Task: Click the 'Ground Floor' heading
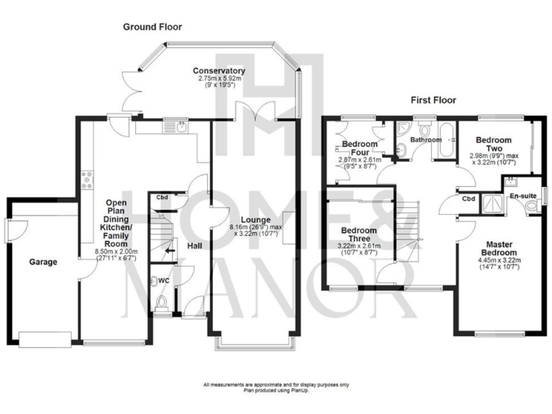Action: tap(152, 27)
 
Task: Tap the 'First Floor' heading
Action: tap(433, 101)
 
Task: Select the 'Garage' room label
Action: tap(43, 262)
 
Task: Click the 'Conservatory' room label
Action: tap(219, 70)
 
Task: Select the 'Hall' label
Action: tap(194, 246)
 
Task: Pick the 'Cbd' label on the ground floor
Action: tap(163, 198)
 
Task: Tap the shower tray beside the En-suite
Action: tap(494, 204)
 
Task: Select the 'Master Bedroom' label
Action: tap(499, 249)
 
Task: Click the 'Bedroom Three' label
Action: tap(360, 236)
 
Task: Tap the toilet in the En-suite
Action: tap(532, 207)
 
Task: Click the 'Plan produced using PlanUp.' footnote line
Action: tap(276, 392)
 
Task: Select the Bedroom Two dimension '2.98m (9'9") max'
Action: tap(494, 155)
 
